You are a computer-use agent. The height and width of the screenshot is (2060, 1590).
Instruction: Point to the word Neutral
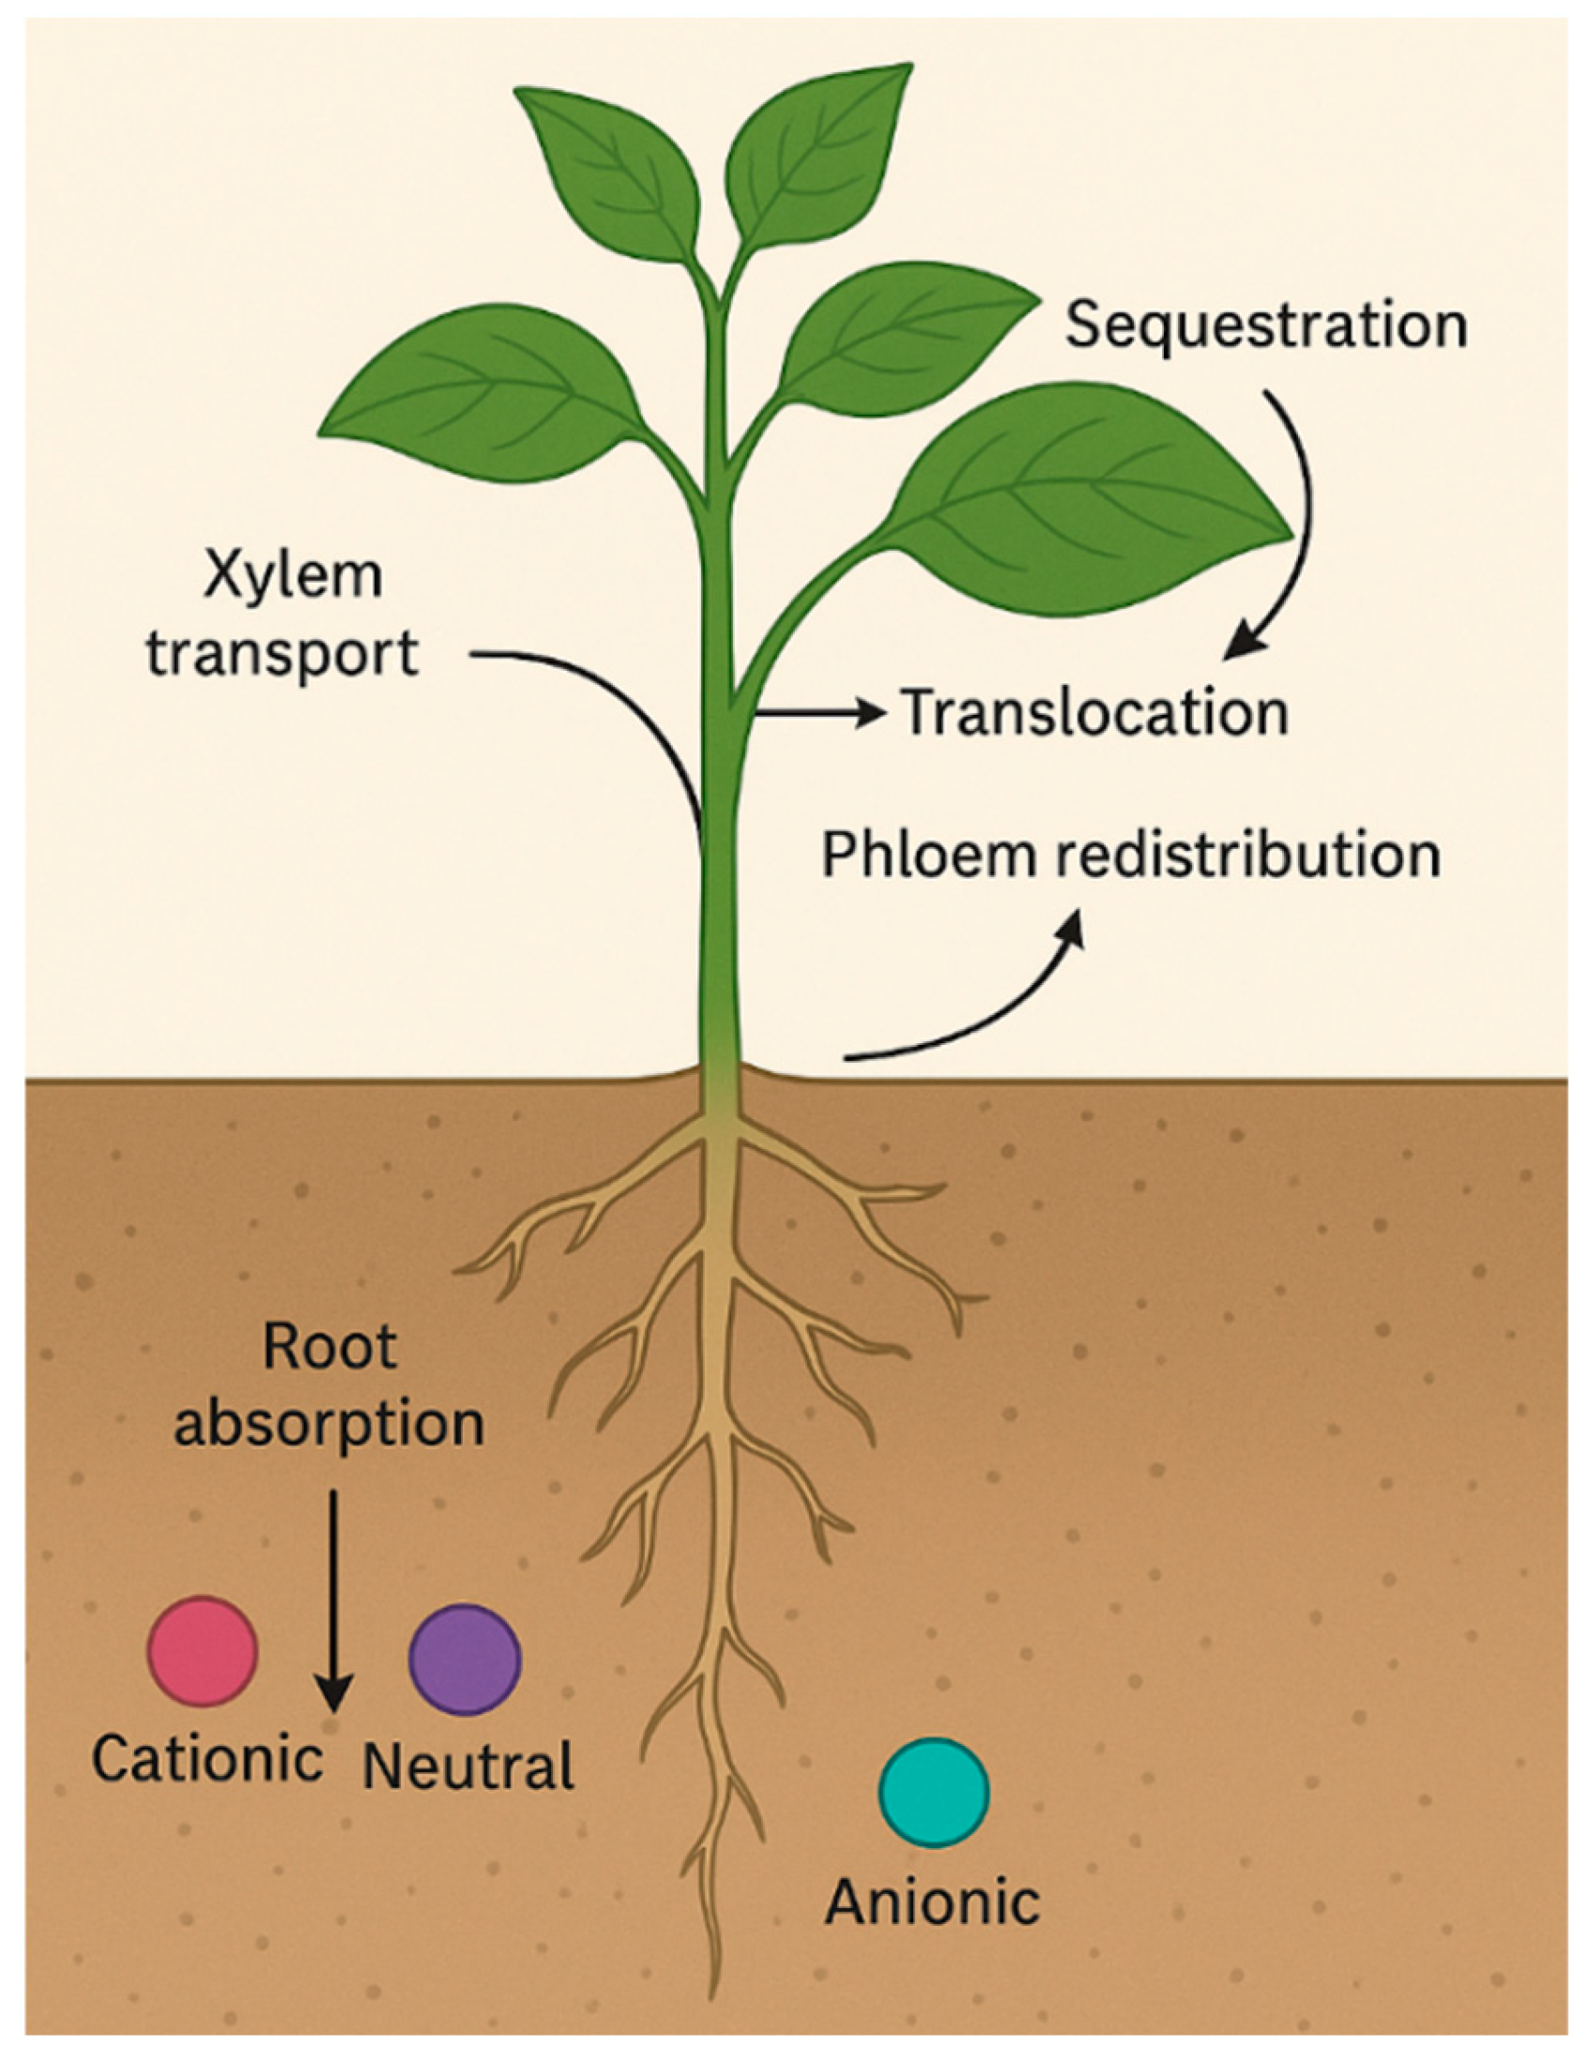[469, 1765]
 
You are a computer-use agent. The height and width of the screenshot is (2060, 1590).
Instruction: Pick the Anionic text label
[932, 1902]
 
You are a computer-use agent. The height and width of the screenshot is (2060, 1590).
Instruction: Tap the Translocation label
[1095, 713]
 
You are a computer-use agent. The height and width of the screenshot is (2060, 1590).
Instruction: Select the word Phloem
[929, 856]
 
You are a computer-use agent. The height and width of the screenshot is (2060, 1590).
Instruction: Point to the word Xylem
[294, 576]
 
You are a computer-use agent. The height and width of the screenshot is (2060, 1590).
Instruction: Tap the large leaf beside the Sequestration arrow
[1085, 500]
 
